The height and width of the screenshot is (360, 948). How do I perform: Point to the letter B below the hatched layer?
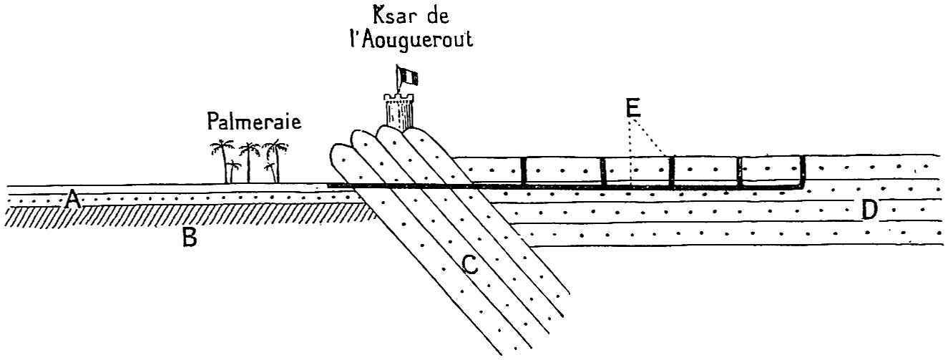pos(189,238)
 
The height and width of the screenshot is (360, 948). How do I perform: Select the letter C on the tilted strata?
pos(470,266)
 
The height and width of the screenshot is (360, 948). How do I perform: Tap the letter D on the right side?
pos(869,210)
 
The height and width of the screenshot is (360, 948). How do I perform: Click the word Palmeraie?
pos(253,121)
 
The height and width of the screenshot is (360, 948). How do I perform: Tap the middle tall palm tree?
pos(249,163)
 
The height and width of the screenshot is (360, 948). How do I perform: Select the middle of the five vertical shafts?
pos(672,172)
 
